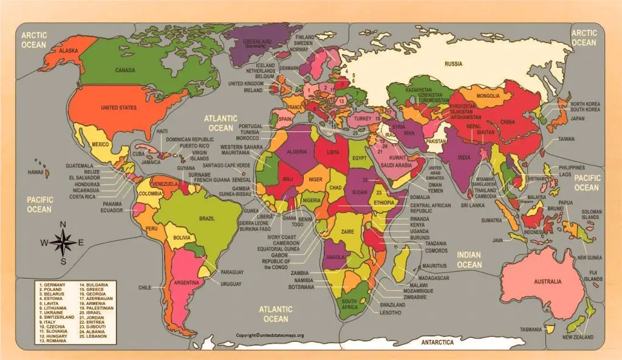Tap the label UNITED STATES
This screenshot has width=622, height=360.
(x=118, y=108)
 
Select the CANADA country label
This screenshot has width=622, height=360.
(x=125, y=70)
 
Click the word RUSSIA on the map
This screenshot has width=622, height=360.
(x=453, y=64)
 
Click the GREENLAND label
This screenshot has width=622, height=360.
(x=257, y=44)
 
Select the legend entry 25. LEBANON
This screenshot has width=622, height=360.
(x=93, y=336)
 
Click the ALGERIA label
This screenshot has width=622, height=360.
(x=297, y=151)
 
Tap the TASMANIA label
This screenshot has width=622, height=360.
(x=530, y=330)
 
